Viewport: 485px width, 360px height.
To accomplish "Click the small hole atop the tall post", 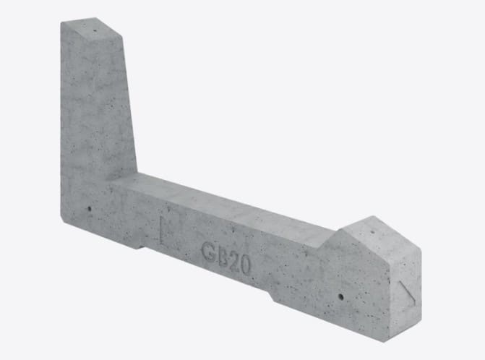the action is tap(95, 30).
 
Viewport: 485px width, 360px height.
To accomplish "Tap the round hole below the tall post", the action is tap(90, 209).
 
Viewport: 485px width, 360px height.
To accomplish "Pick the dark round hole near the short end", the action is tap(341, 297).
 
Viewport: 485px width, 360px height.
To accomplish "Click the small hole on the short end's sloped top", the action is tap(372, 232).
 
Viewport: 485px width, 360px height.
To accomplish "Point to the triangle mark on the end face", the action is tap(408, 292).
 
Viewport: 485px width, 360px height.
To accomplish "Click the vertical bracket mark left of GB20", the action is tap(162, 231).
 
